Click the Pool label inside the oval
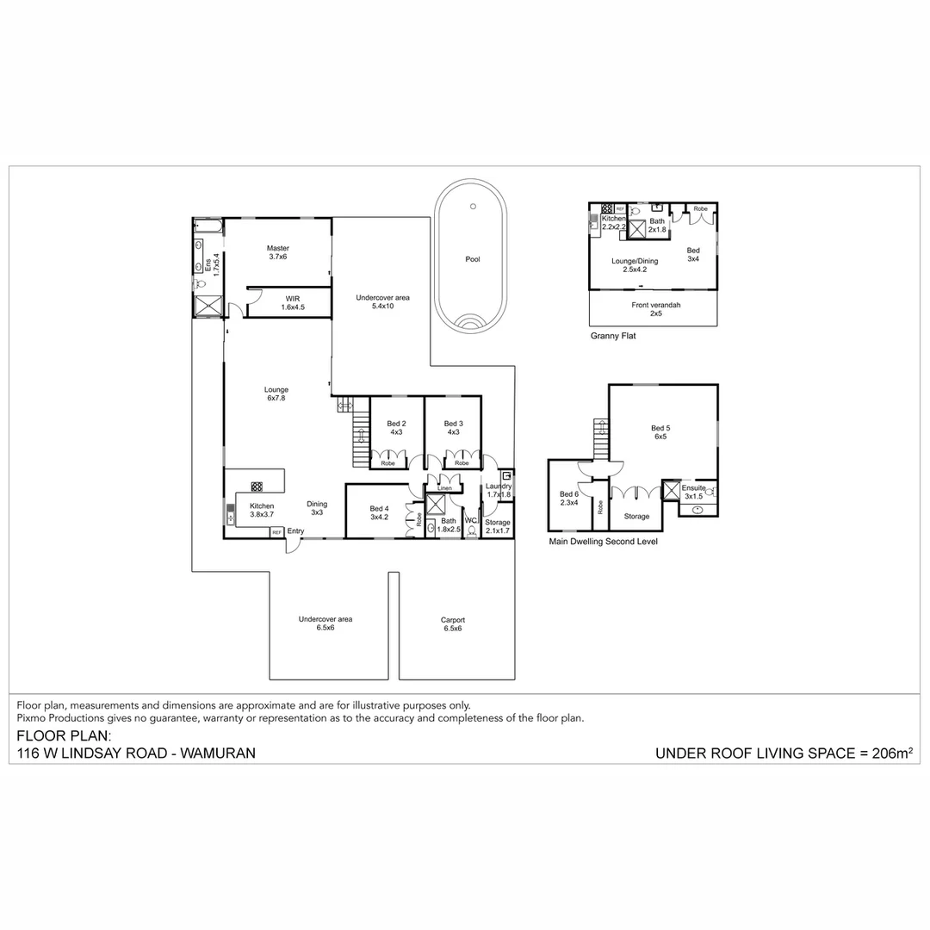(x=472, y=259)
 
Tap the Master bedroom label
(x=277, y=252)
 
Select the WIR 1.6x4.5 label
(x=293, y=302)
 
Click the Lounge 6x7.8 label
(x=276, y=394)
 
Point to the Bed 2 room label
(x=396, y=427)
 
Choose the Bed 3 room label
(x=454, y=427)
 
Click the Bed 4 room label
(x=380, y=512)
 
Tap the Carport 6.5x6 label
(x=453, y=623)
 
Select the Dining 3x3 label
(x=317, y=508)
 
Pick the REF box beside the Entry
(x=276, y=533)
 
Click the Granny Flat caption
(x=613, y=337)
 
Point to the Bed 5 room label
(x=660, y=432)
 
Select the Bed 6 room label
(x=569, y=498)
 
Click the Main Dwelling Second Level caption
(x=604, y=542)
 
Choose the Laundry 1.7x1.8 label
(x=499, y=491)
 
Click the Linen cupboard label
(x=444, y=489)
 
